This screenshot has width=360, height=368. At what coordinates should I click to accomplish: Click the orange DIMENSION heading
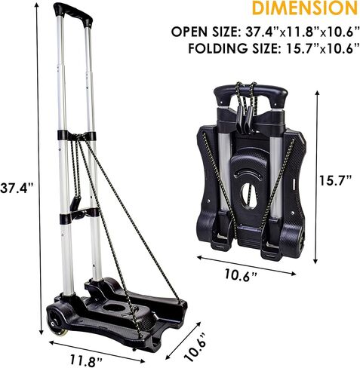pos(305,8)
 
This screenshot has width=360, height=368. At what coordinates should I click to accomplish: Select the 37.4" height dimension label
pos(17,188)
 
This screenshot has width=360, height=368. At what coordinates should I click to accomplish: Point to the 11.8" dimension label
pos(86,360)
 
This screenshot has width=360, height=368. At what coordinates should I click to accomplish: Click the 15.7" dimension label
pos(336,180)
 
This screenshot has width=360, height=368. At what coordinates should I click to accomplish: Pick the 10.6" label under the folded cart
pos(241,275)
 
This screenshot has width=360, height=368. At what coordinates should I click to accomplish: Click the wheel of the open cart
pos(57,324)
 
